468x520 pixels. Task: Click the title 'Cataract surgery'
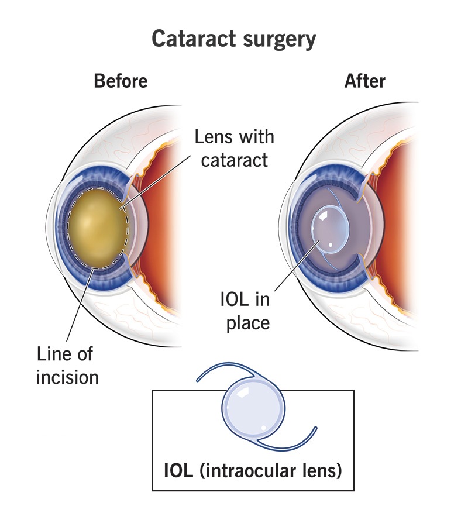(x=233, y=40)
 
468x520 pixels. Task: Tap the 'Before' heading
(x=121, y=81)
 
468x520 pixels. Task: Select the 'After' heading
(x=364, y=81)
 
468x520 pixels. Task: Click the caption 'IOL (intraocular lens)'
(x=253, y=470)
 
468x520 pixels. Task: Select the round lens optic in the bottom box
(x=253, y=408)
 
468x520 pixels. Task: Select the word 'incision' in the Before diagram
(x=67, y=377)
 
